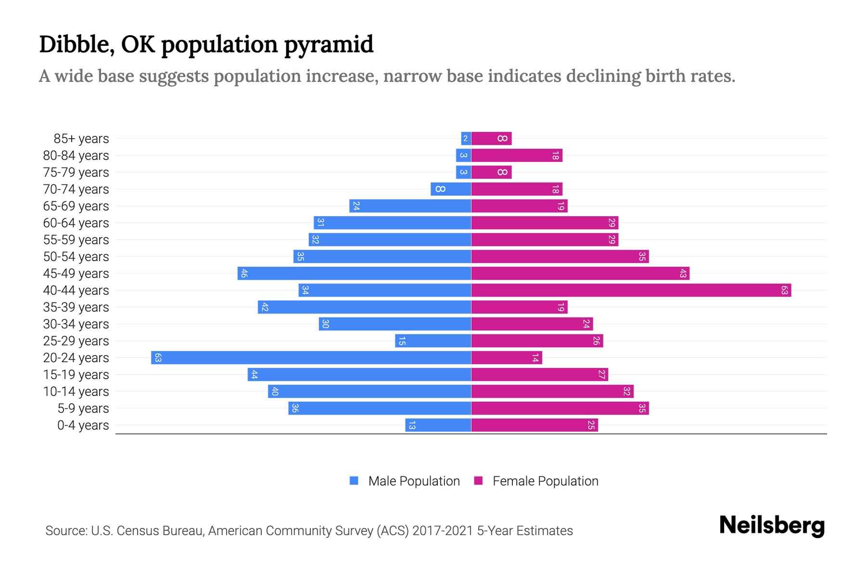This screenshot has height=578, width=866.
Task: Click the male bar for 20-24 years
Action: tap(311, 357)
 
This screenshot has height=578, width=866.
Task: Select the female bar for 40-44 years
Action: tap(631, 290)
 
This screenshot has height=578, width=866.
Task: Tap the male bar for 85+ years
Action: tap(466, 138)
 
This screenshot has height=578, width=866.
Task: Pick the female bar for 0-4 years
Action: tap(534, 425)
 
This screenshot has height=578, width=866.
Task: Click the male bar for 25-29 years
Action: tap(433, 341)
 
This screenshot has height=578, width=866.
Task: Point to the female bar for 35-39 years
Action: tap(519, 307)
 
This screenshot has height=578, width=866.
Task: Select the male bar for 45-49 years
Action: tap(354, 273)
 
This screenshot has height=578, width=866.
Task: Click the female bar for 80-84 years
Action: tap(516, 155)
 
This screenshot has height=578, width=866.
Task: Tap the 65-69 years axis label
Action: tap(76, 206)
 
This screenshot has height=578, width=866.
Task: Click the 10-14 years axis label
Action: tap(76, 392)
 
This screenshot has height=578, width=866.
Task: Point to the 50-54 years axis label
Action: tap(76, 257)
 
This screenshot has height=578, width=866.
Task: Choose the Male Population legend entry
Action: tap(414, 481)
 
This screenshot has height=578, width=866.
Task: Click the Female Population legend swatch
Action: tap(478, 481)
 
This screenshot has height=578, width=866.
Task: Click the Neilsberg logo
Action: tap(772, 525)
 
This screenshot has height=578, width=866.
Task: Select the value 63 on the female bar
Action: tap(784, 290)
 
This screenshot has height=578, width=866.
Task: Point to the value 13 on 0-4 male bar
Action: tap(412, 425)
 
